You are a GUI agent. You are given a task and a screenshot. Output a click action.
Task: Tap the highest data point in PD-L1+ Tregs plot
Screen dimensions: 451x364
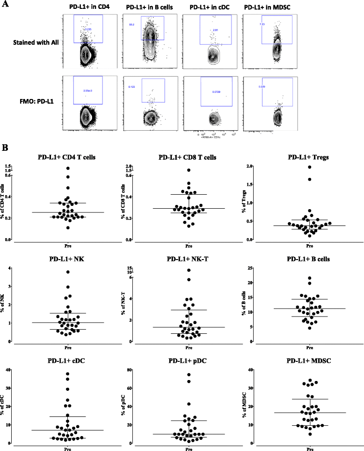(x=309, y=167)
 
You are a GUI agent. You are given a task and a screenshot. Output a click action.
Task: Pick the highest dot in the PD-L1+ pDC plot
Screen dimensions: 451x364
(x=189, y=374)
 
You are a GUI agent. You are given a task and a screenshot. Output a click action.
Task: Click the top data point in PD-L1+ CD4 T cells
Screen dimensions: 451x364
(x=68, y=168)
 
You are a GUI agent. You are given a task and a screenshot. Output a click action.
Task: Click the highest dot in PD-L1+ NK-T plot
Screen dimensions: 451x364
(x=189, y=270)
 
